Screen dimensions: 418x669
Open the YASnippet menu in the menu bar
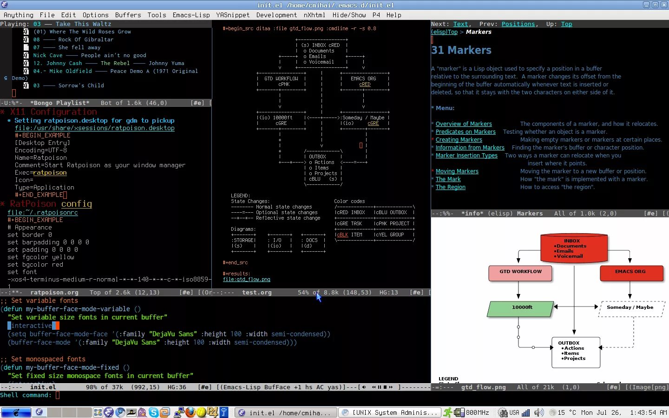point(233,15)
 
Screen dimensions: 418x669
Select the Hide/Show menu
point(349,15)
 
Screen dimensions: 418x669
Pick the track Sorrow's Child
point(81,85)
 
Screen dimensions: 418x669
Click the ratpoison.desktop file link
point(95,128)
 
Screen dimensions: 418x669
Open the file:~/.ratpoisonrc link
point(43,212)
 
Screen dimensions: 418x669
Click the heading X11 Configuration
point(53,112)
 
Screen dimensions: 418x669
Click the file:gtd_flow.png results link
point(246,279)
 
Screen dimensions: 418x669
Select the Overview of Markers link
point(464,124)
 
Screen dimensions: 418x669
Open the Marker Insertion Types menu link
point(466,156)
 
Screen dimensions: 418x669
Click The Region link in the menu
point(450,187)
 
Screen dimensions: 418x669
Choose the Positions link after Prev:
point(518,24)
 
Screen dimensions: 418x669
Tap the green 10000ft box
point(521,308)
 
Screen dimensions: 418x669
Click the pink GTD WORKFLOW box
point(520,273)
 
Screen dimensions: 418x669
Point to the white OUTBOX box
point(576,352)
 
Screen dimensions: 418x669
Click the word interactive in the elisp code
point(32,326)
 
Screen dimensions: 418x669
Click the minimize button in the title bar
point(646,5)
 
